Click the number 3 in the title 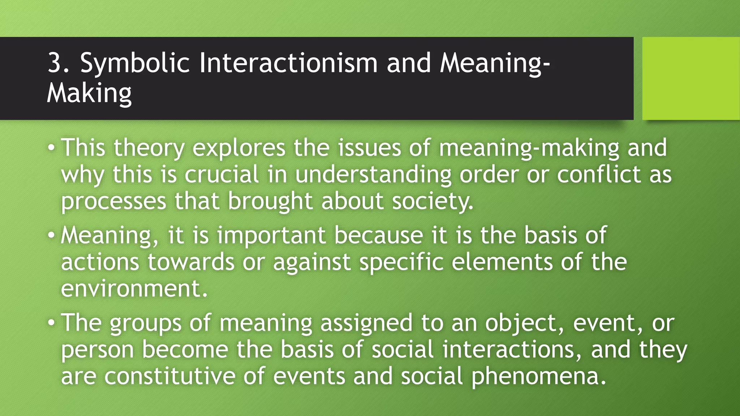(55, 63)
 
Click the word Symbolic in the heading (134, 64)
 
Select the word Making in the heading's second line (89, 94)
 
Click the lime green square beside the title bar (690, 78)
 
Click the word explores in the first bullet (238, 148)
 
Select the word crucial (221, 174)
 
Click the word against (311, 262)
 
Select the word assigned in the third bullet (366, 323)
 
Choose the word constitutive (169, 376)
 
